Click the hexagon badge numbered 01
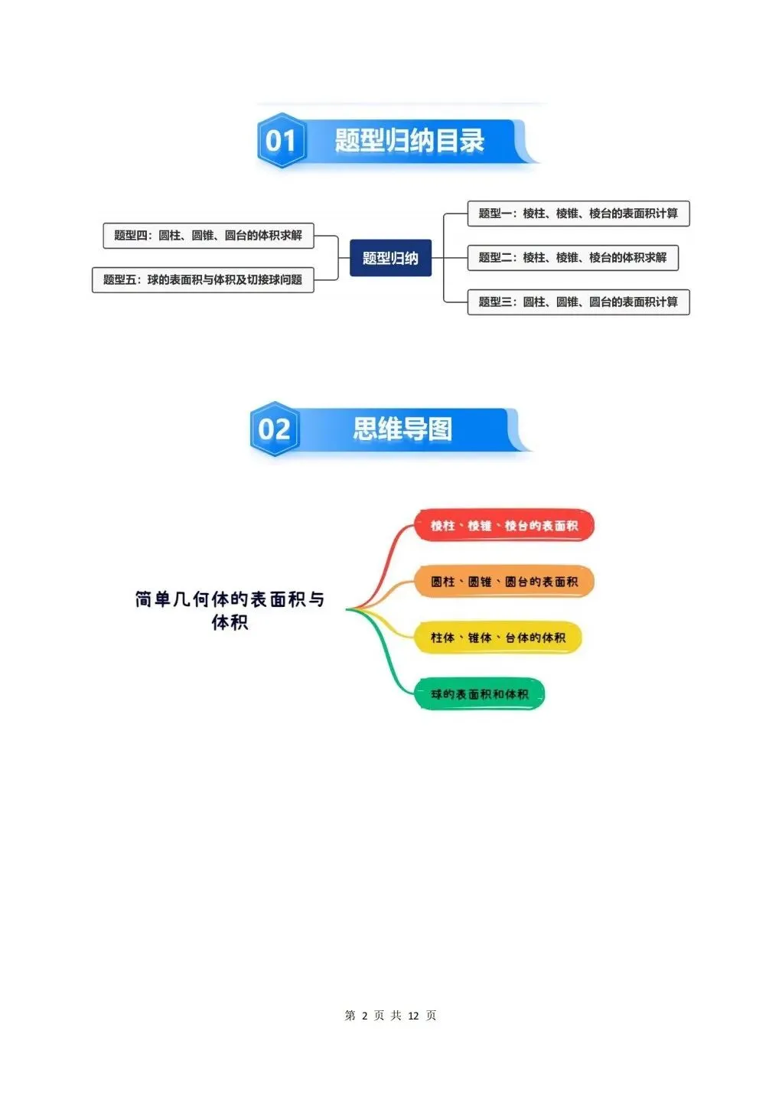(282, 140)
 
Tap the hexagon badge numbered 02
(275, 429)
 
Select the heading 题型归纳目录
(409, 140)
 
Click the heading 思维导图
(402, 429)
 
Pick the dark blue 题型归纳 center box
(390, 258)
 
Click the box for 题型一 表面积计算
(578, 214)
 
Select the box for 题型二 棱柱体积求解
(572, 257)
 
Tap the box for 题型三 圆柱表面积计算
(578, 302)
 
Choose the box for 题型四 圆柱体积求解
(208, 235)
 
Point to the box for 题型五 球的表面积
(203, 280)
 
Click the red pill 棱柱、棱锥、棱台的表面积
(504, 526)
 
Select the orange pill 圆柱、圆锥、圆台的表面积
(504, 582)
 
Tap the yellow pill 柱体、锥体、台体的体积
(498, 638)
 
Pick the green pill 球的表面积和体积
(479, 694)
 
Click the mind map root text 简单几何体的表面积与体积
(230, 611)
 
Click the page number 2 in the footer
(364, 1016)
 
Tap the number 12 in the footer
(413, 1016)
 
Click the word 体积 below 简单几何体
(230, 622)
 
